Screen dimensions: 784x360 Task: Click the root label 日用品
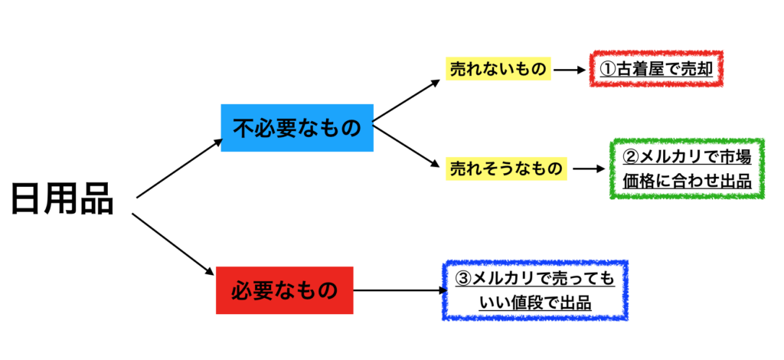pyautogui.click(x=63, y=199)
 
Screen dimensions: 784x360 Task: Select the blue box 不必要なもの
pyautogui.click(x=297, y=127)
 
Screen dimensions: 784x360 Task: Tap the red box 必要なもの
pyautogui.click(x=285, y=290)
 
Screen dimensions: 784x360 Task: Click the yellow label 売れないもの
pyautogui.click(x=498, y=70)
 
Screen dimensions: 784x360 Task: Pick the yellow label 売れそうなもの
pyautogui.click(x=507, y=169)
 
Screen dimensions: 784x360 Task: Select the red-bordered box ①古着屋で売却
pyautogui.click(x=657, y=68)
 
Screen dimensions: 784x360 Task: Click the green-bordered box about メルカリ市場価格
pyautogui.click(x=687, y=169)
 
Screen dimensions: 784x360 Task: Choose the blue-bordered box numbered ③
pyautogui.click(x=535, y=290)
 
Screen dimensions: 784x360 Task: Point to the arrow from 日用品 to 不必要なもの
pyautogui.click(x=179, y=169)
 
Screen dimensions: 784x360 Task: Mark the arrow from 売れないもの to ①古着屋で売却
pyautogui.click(x=570, y=70)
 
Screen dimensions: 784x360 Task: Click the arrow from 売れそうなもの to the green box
pyautogui.click(x=589, y=169)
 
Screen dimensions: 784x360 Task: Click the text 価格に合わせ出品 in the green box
pyautogui.click(x=687, y=182)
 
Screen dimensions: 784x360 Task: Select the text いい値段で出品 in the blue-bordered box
pyautogui.click(x=535, y=303)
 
